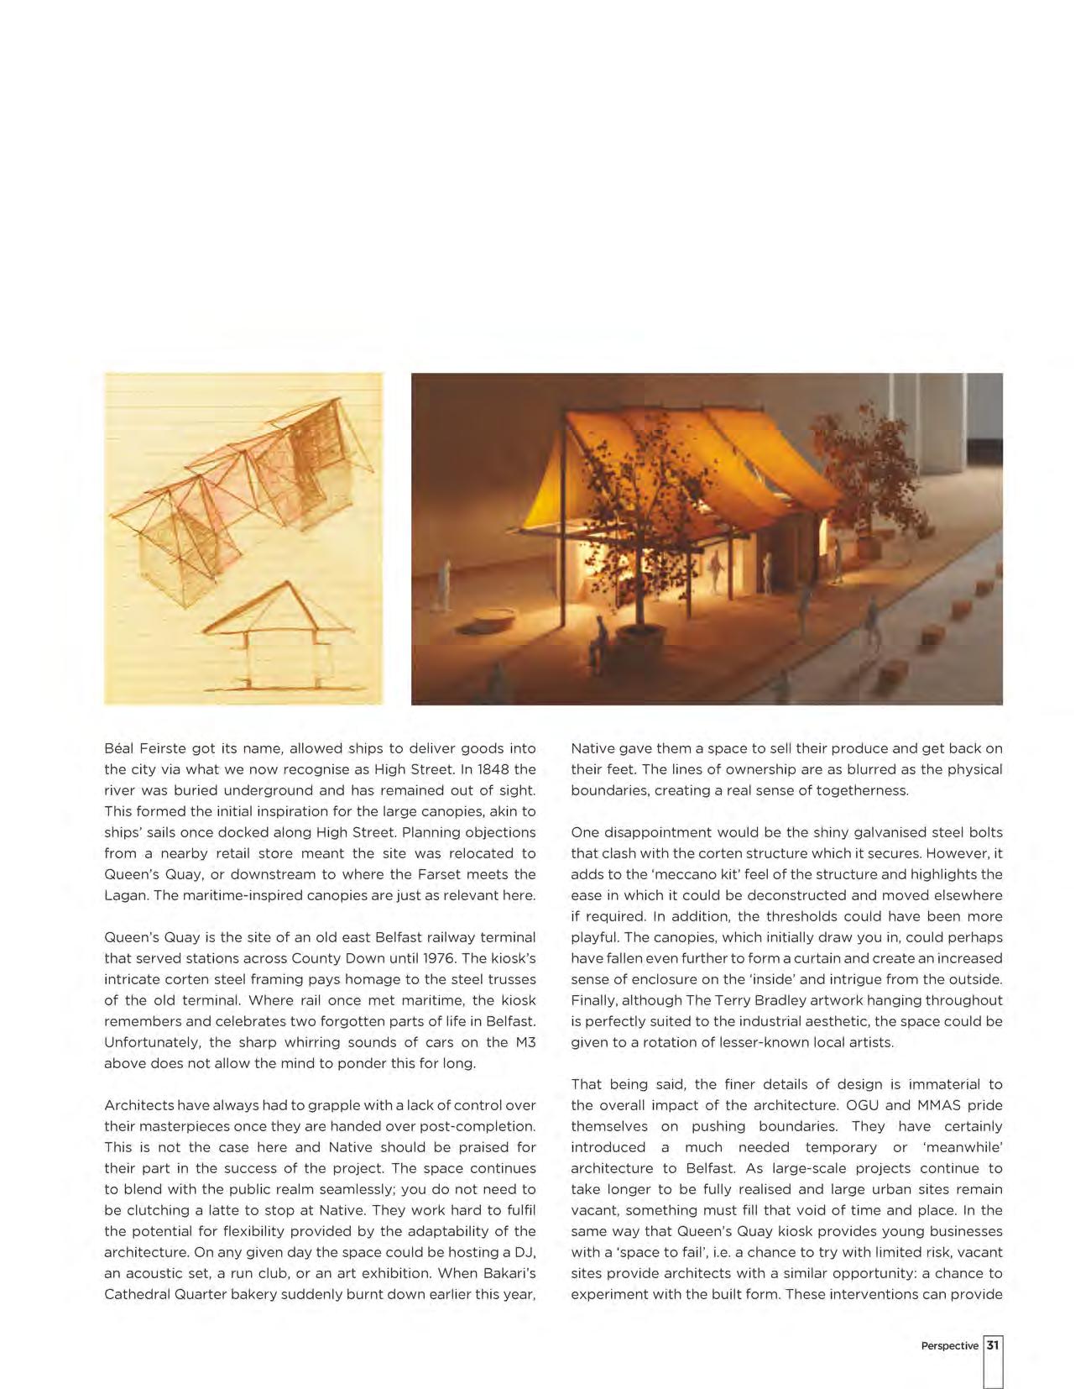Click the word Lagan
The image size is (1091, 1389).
pos(126,895)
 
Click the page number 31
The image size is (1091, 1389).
pos(993,1344)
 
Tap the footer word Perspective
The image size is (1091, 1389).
pos(949,1345)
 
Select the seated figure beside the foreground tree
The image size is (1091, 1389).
pos(598,641)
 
